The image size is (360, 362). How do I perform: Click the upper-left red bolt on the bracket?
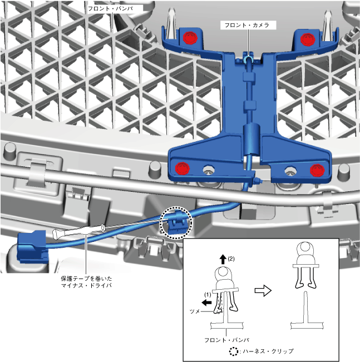click(x=190, y=38)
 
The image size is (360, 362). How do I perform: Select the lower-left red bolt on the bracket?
click(x=182, y=169)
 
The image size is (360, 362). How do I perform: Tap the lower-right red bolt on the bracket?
click(x=316, y=169)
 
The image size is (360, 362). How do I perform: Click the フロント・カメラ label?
click(x=245, y=26)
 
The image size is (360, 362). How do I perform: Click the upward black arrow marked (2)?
click(x=222, y=258)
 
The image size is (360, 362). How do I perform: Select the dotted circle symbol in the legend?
click(x=234, y=351)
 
